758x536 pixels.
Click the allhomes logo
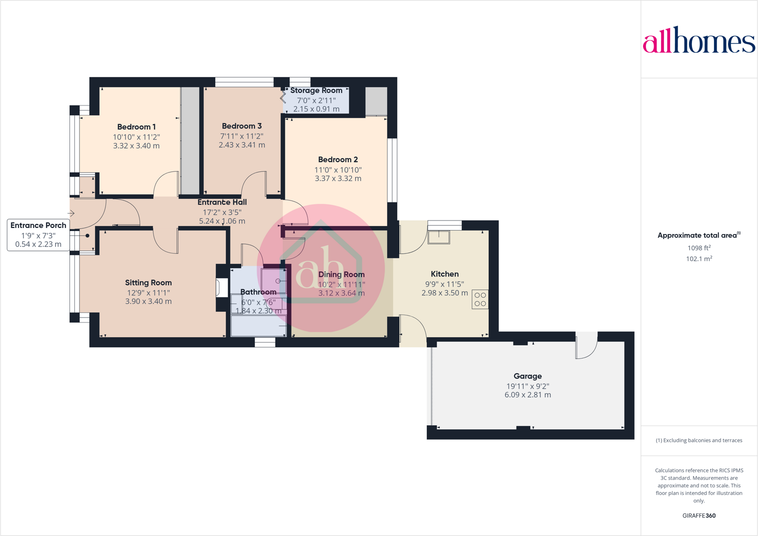[x=699, y=40]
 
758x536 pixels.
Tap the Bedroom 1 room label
[x=136, y=127]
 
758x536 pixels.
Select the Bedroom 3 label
[x=242, y=126]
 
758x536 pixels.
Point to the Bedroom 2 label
[x=338, y=159]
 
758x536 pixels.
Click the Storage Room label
[x=316, y=90]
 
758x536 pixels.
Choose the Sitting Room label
[x=148, y=282]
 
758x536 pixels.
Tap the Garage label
[x=528, y=376]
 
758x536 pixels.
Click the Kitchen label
[x=445, y=274]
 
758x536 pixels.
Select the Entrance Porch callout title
[x=38, y=225]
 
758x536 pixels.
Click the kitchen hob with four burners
[x=480, y=299]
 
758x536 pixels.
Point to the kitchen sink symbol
[x=439, y=236]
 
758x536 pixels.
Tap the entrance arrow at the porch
[x=71, y=213]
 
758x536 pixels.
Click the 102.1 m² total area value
[x=699, y=259]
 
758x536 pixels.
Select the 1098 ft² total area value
[x=699, y=248]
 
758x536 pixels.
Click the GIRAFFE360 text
[x=699, y=515]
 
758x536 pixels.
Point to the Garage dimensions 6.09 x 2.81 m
[x=528, y=395]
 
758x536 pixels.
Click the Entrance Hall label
[x=222, y=202]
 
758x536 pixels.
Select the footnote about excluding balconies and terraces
[x=699, y=440]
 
